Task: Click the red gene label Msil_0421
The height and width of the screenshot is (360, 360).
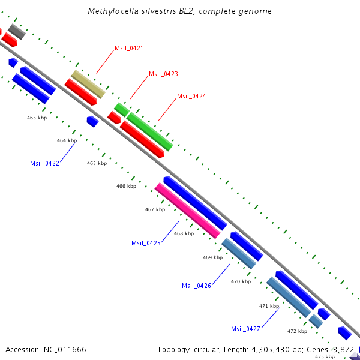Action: tap(129, 48)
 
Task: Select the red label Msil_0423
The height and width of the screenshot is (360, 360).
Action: tap(163, 74)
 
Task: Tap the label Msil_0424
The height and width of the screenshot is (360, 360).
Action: tap(191, 96)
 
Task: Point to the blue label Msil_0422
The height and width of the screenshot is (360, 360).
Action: tap(44, 163)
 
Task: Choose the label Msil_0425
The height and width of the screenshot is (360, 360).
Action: tap(146, 243)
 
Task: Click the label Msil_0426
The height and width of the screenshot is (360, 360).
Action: tap(196, 286)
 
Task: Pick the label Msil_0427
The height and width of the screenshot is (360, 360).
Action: tap(245, 329)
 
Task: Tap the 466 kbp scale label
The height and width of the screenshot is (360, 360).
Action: tap(126, 186)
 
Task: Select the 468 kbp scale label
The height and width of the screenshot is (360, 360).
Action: tap(184, 233)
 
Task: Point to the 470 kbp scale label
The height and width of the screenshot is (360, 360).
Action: tap(241, 281)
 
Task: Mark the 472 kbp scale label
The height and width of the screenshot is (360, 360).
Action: tap(297, 331)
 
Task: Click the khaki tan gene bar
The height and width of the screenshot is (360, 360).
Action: tap(88, 84)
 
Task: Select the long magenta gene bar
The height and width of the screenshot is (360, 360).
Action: tap(187, 211)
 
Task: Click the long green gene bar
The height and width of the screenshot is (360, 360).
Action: tap(150, 131)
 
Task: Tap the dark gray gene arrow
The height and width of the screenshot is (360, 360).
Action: tap(16, 31)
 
